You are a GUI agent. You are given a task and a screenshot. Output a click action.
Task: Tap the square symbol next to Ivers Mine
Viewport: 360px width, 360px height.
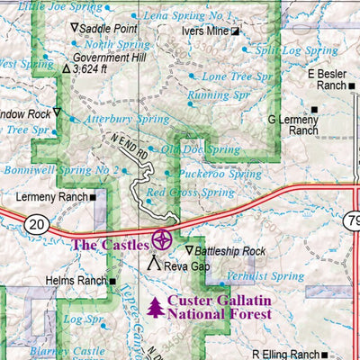click(x=236, y=31)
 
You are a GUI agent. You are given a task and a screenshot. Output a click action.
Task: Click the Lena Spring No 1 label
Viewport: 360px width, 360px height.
click(x=188, y=16)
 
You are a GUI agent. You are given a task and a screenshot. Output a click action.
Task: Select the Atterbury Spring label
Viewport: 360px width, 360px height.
click(x=126, y=118)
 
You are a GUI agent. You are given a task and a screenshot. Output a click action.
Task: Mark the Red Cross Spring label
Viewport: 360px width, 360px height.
click(x=190, y=192)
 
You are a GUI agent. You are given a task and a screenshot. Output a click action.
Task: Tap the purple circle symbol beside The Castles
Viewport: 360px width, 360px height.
click(x=163, y=239)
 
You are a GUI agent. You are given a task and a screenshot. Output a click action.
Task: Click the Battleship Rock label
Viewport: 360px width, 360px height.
click(x=231, y=250)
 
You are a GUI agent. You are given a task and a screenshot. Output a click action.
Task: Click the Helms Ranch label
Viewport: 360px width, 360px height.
click(x=78, y=281)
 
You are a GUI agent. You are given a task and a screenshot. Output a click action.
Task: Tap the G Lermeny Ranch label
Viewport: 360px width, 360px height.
click(x=293, y=124)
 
